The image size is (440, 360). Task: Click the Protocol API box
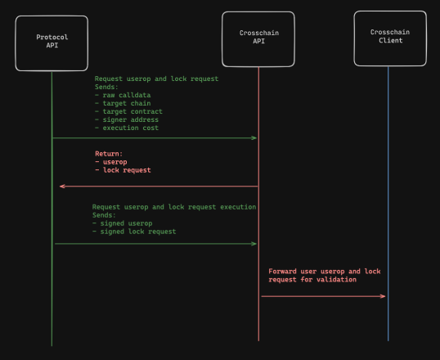point(52,43)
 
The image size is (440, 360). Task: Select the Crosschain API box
point(258,39)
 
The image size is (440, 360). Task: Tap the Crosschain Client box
point(390,38)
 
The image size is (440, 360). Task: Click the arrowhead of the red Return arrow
point(62,187)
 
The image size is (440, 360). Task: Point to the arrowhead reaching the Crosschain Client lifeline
point(383,296)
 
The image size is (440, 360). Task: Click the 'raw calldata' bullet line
point(123,95)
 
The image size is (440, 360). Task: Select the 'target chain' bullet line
point(123,103)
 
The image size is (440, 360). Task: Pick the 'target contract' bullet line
point(128,111)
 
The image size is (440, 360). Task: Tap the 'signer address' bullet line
point(127,119)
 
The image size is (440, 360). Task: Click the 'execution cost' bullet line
point(127,128)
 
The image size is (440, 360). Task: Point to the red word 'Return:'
point(109,154)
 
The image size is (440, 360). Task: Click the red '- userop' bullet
point(111,162)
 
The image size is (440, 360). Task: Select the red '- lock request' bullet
point(123,170)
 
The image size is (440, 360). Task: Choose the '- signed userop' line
point(123,223)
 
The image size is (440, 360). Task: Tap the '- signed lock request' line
point(134,232)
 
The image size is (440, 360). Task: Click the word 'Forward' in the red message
point(282,272)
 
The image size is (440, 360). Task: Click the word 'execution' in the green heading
point(238,207)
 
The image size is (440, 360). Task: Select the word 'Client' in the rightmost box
point(391,40)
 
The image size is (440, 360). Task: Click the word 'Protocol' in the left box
point(52,37)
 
